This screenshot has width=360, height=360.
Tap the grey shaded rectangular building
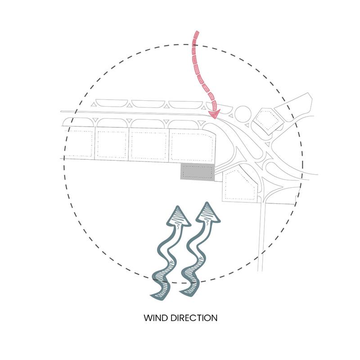pos(198,172)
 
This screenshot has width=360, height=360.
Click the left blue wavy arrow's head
pos(179,216)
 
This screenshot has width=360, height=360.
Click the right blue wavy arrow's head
pos(208,212)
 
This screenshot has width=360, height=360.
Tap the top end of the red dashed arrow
pos(197,31)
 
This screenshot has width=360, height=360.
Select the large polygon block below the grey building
pos(239,185)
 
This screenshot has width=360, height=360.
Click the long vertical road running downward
pos(261,237)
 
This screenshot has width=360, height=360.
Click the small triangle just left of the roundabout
pos(231,116)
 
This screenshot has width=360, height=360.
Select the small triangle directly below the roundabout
pos(247,126)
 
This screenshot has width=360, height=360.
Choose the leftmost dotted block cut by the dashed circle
pos(78,142)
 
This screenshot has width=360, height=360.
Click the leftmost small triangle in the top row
pos(94,105)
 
